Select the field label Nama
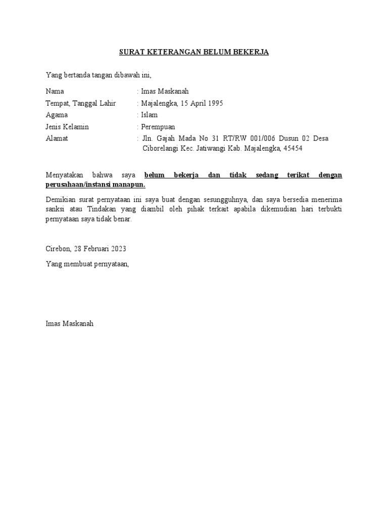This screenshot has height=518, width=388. tap(55, 92)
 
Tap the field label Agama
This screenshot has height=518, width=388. tap(56, 115)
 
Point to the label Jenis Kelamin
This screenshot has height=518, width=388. tap(67, 126)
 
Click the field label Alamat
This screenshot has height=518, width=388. tap(57, 138)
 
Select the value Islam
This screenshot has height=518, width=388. tap(149, 115)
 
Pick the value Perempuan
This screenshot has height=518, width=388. tap(158, 126)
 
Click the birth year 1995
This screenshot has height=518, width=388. tap(214, 103)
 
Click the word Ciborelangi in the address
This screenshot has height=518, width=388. tap(161, 149)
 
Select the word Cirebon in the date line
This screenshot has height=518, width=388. tap(58, 249)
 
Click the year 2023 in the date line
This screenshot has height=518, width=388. tap(117, 249)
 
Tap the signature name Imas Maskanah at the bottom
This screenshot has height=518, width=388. tap(69, 323)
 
